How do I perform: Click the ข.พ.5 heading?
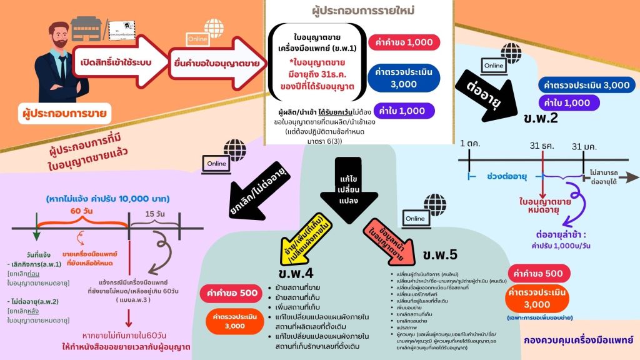pos(440,255)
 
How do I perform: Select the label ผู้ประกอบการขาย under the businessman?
pos(61,114)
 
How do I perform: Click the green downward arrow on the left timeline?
pos(36,234)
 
